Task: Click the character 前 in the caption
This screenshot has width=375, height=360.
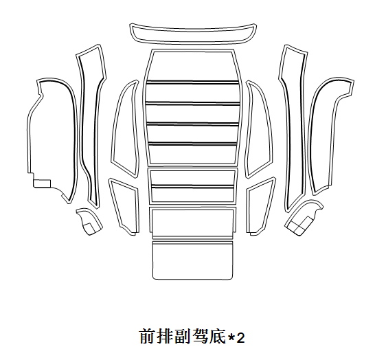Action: tap(146, 337)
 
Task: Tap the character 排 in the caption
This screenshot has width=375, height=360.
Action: tap(164, 337)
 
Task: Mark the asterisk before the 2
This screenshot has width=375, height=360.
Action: tap(231, 337)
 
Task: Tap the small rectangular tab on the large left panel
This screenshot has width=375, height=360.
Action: tap(42, 183)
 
